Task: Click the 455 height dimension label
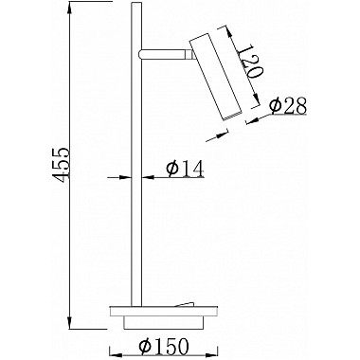click(x=60, y=165)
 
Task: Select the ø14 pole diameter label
click(x=185, y=169)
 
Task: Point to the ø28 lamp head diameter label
click(x=289, y=106)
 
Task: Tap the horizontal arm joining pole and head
click(x=164, y=54)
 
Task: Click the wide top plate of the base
click(x=163, y=312)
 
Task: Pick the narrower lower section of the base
click(x=163, y=323)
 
